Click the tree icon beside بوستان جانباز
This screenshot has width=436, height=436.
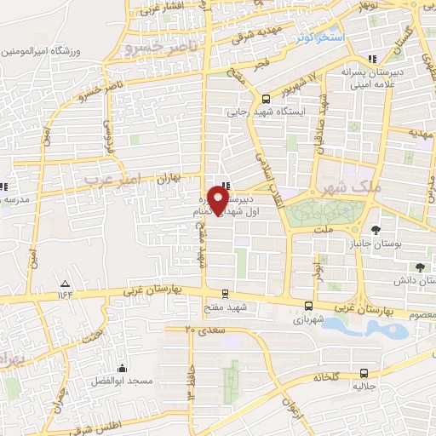[x=376, y=229]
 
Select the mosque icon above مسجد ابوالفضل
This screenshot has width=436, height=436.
[x=124, y=369]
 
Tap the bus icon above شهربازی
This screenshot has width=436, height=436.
[x=308, y=306]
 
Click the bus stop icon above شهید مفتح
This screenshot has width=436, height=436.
[x=225, y=291]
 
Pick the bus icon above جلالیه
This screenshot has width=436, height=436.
[x=364, y=372]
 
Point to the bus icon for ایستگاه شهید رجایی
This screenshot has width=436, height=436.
[x=267, y=98]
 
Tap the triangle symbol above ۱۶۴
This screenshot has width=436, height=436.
[x=65, y=283]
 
